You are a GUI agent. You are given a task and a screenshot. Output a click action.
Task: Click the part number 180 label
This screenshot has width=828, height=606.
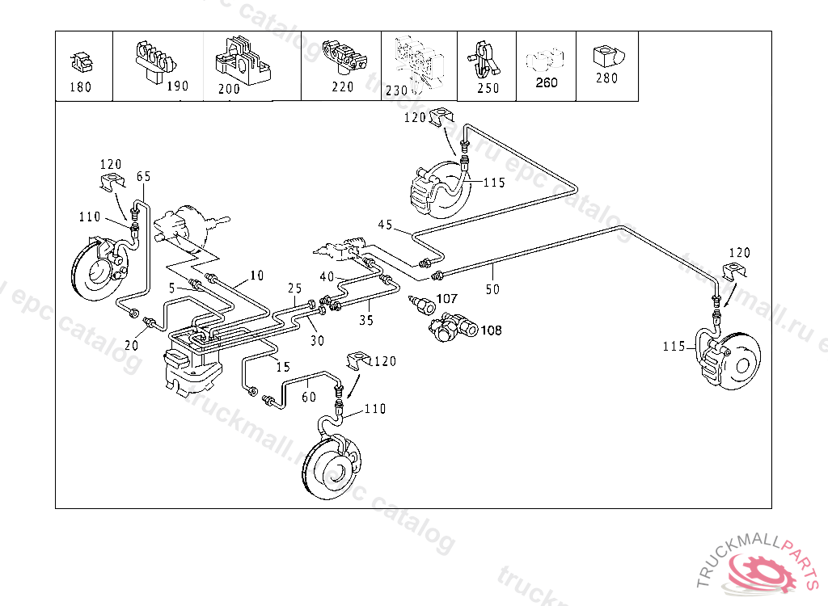pyautogui.click(x=81, y=87)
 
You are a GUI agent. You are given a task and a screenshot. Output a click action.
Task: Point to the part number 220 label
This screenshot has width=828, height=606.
pyautogui.click(x=343, y=87)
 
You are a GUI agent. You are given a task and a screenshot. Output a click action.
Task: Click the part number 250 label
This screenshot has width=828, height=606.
pyautogui.click(x=488, y=88)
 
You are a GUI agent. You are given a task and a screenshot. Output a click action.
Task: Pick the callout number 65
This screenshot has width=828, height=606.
pyautogui.click(x=143, y=176)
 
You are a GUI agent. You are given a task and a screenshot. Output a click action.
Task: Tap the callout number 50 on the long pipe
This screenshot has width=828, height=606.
pyautogui.click(x=492, y=288)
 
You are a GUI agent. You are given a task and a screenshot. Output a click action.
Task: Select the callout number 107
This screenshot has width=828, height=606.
pyautogui.click(x=446, y=299)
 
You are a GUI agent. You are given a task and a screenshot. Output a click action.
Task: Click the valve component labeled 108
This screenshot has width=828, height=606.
pyautogui.click(x=449, y=328)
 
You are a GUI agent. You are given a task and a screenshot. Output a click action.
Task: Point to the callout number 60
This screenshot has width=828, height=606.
pyautogui.click(x=308, y=397)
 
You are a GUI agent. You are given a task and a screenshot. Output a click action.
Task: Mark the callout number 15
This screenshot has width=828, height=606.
pyautogui.click(x=282, y=367)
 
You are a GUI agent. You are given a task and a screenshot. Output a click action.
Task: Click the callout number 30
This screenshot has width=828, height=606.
pyautogui.click(x=317, y=341)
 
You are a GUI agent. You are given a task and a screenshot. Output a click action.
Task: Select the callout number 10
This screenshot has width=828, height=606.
pyautogui.click(x=256, y=276)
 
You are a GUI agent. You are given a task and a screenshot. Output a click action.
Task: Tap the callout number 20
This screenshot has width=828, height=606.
pyautogui.click(x=131, y=345)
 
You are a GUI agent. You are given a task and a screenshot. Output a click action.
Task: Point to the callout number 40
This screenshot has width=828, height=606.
pyautogui.click(x=327, y=276)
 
